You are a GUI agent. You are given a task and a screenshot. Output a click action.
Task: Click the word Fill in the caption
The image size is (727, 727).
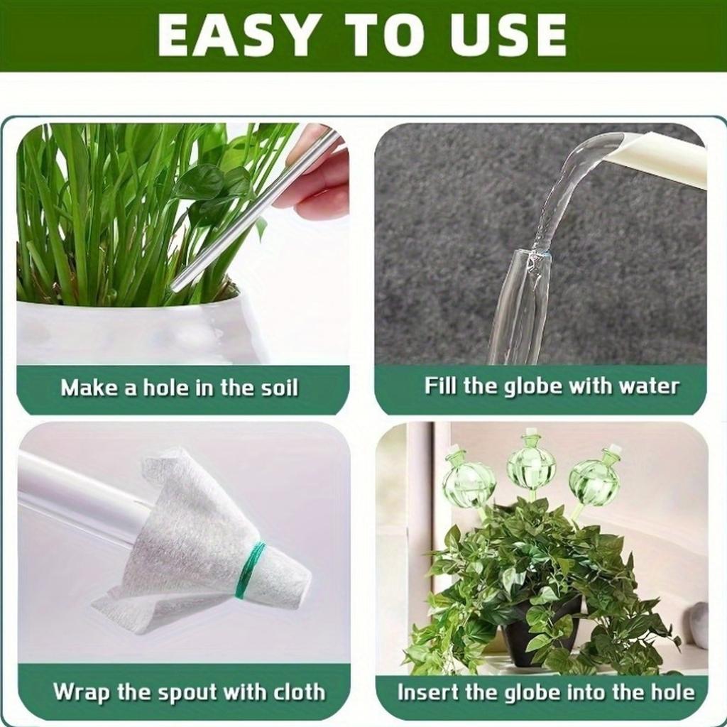[441, 386]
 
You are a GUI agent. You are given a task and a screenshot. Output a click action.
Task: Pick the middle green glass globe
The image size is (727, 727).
[531, 465]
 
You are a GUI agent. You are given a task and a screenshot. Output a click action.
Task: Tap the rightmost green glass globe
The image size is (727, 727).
[594, 479]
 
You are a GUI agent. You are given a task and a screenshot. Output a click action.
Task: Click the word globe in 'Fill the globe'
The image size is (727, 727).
[526, 386]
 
